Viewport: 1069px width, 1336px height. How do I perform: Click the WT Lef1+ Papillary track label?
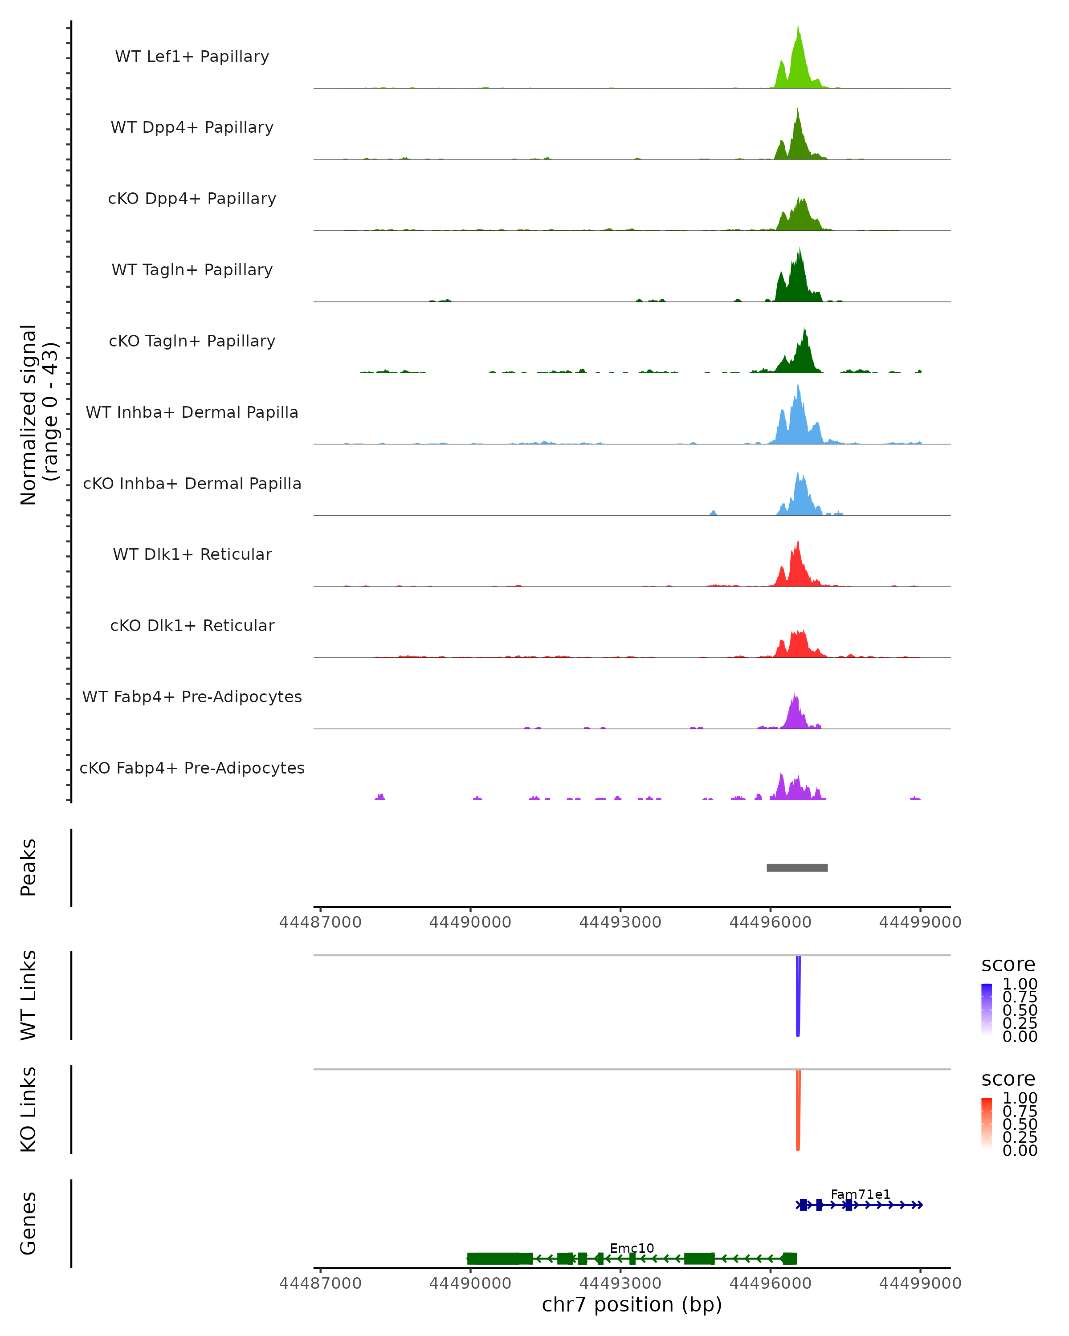192,57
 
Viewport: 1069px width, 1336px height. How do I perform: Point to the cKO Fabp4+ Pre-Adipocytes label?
192,768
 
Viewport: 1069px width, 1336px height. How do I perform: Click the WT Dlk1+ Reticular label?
192,554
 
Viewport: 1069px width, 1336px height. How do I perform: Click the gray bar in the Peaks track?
797,868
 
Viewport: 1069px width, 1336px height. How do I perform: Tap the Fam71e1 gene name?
860,1194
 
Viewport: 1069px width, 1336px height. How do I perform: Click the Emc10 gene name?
632,1248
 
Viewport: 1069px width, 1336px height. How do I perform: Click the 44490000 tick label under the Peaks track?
470,922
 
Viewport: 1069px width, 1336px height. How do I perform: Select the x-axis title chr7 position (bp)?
632,1304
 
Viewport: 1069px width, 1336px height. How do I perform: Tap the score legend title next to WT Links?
1008,965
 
